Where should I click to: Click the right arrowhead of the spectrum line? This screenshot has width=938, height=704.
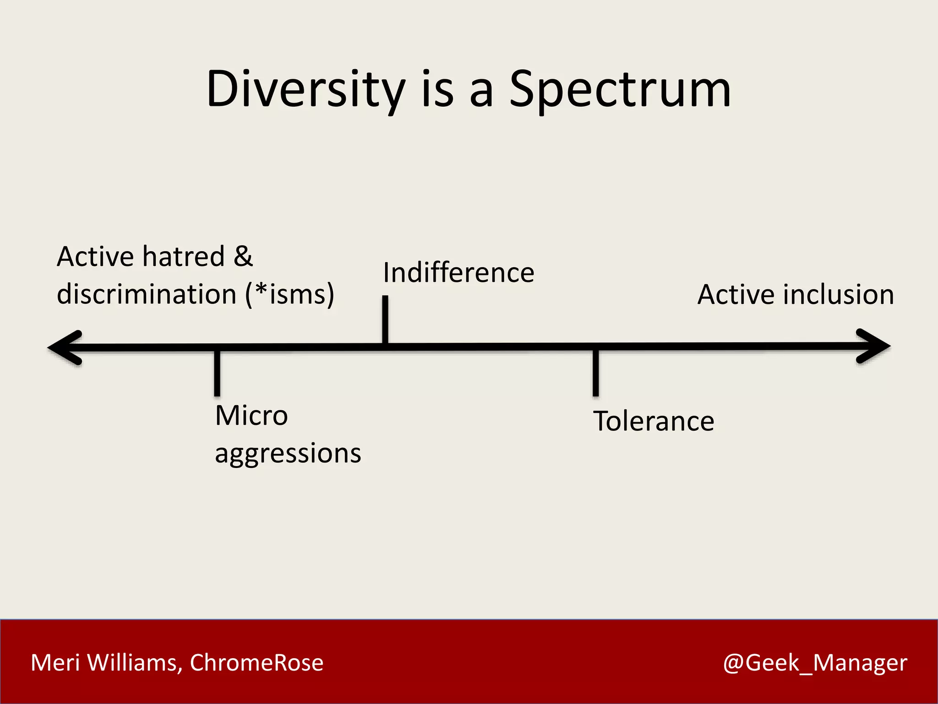(873, 346)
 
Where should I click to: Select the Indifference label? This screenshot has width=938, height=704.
(458, 273)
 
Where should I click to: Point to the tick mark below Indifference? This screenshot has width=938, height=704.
(385, 319)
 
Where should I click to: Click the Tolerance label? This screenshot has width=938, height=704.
(654, 421)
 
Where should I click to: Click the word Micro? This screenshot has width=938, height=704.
(251, 416)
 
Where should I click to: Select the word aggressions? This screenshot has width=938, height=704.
(288, 454)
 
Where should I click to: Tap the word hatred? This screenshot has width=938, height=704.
(183, 256)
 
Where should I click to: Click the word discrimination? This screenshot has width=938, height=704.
(147, 294)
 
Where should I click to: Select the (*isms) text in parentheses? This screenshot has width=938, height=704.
(290, 294)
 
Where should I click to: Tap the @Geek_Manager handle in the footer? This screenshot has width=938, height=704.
(815, 663)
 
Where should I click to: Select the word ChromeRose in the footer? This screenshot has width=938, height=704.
(256, 663)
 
